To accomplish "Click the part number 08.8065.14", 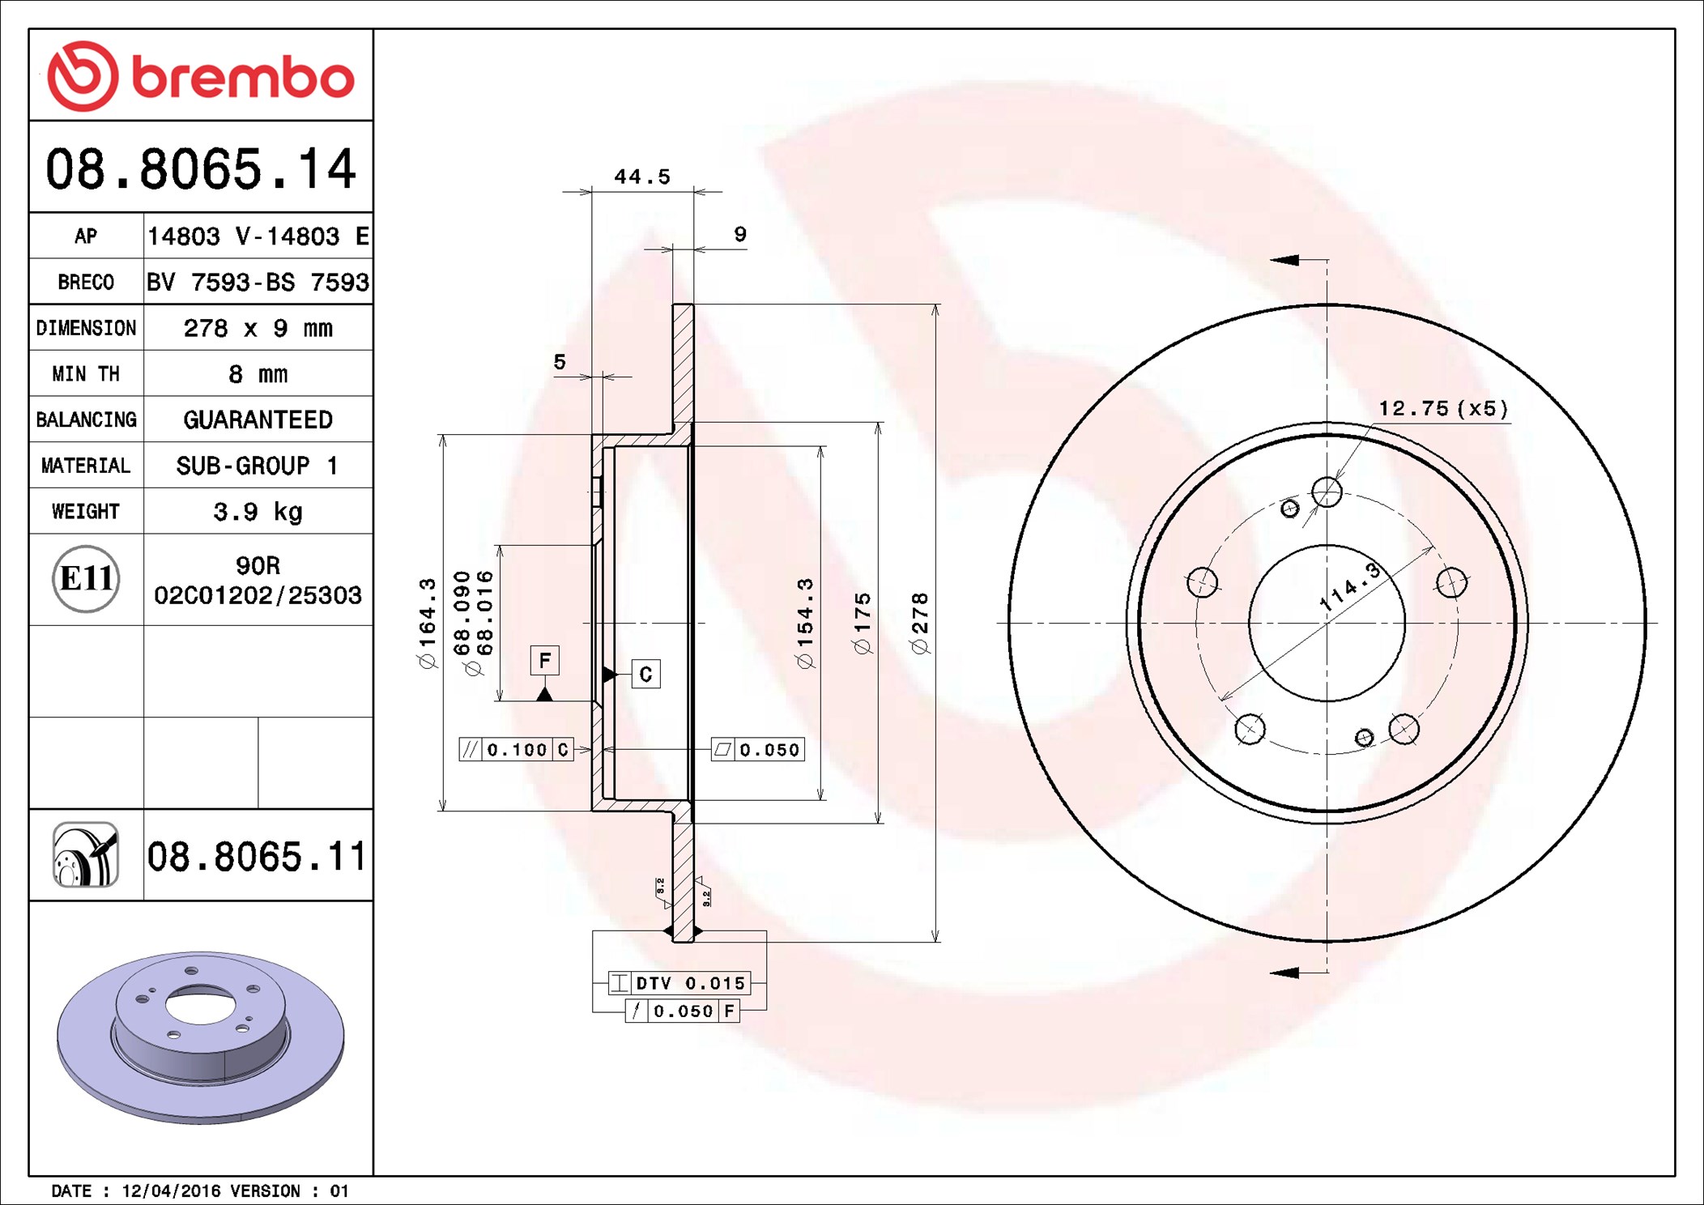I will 201,169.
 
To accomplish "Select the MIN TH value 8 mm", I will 258,374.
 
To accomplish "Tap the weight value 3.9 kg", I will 258,512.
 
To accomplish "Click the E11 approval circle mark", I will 86,579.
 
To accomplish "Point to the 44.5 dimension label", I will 641,177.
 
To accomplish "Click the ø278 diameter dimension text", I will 919,624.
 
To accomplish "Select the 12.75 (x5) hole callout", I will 1442,408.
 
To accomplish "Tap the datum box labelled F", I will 545,660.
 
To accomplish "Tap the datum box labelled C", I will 645,674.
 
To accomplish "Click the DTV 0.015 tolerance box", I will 679,983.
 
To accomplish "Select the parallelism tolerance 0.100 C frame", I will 516,750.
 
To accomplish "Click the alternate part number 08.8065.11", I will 257,857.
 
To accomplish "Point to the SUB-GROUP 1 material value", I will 258,466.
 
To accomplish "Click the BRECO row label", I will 86,283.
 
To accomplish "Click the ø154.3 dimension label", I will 804,624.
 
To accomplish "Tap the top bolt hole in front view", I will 1327,492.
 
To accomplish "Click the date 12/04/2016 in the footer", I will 171,1191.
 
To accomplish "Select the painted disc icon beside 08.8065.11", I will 86,855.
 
